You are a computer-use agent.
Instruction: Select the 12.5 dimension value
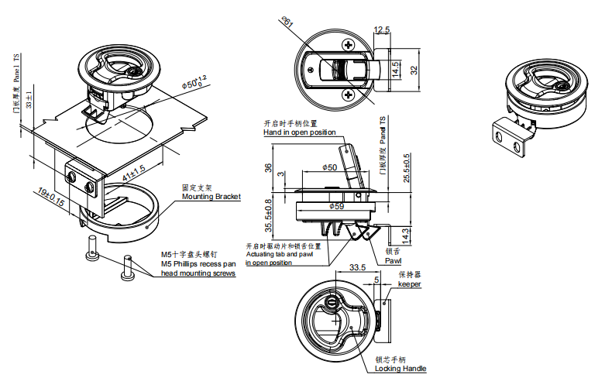click(381, 30)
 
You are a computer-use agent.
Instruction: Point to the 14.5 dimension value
click(395, 69)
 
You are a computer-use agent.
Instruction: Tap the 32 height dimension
click(414, 69)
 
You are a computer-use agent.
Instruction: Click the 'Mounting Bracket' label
click(211, 197)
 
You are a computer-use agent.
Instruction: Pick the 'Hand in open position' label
click(299, 132)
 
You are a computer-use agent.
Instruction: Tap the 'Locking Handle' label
click(401, 369)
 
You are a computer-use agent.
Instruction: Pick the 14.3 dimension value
click(407, 233)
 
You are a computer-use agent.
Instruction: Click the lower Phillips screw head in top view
click(349, 95)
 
